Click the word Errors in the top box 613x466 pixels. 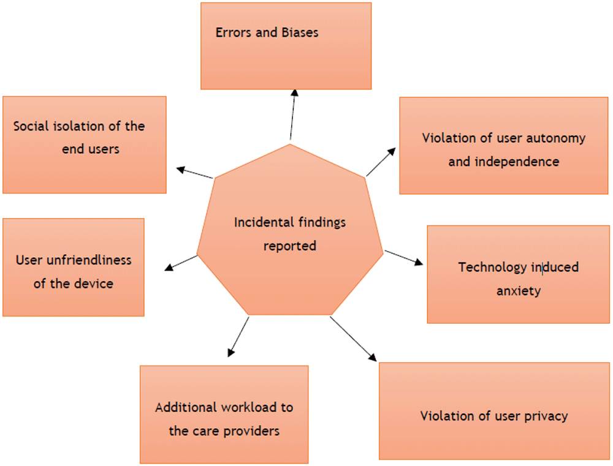pyautogui.click(x=234, y=32)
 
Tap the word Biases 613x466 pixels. pyautogui.click(x=300, y=32)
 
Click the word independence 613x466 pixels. pyautogui.click(x=517, y=162)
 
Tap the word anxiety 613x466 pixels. pyautogui.click(x=519, y=291)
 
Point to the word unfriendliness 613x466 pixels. pyautogui.click(x=89, y=260)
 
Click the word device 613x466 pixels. pyautogui.click(x=93, y=284)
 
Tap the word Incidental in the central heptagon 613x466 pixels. pyautogui.click(x=259, y=222)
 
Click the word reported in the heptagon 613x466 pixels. pyautogui.click(x=290, y=246)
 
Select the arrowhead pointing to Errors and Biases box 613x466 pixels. pyautogui.click(x=295, y=93)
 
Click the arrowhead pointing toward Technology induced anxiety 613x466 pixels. pyautogui.click(x=419, y=262)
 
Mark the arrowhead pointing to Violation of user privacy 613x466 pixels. pyautogui.click(x=373, y=358)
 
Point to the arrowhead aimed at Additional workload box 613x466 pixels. pyautogui.click(x=230, y=353)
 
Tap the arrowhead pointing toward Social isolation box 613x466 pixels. pyautogui.click(x=180, y=170)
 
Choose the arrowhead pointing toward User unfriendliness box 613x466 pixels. pyautogui.click(x=169, y=267)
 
